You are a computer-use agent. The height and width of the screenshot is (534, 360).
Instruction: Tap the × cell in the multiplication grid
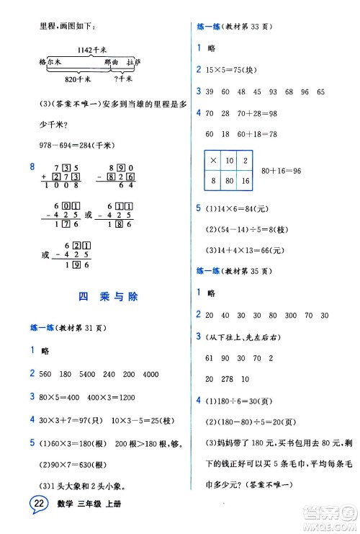point(214,160)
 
